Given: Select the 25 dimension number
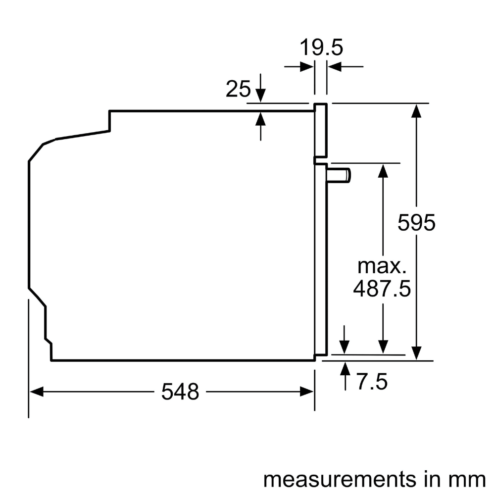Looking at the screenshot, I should click(238, 89).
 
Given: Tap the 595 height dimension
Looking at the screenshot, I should click(416, 223).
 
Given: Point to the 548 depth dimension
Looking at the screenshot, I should click(180, 392).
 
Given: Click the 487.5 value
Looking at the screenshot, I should click(382, 288).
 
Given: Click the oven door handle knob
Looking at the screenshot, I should click(340, 175).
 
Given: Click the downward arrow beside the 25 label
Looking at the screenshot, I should click(261, 94).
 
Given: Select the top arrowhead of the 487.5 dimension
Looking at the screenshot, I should click(382, 169).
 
